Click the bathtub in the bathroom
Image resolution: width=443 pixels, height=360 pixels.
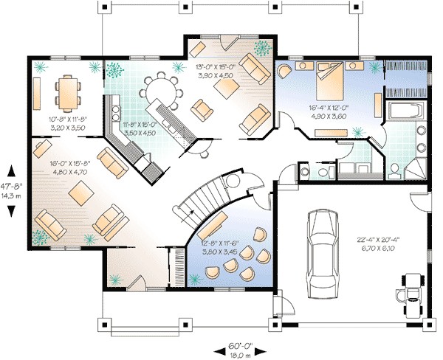405,113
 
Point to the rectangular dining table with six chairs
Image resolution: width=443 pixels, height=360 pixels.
66,91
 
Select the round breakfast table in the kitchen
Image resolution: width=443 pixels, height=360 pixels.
159,92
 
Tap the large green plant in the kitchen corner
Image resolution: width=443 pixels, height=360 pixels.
114,72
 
